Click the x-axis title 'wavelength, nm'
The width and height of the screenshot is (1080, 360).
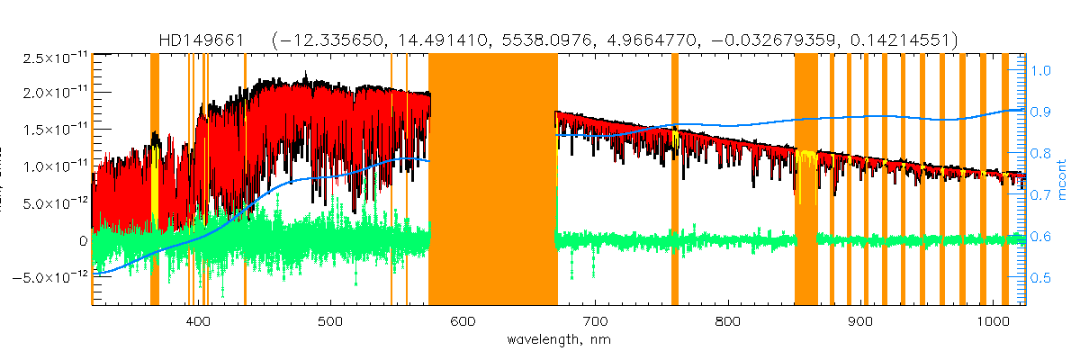(x=558, y=342)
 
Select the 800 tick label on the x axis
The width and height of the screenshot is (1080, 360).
(x=727, y=321)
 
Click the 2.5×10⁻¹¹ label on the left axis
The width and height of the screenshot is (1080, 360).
(x=50, y=58)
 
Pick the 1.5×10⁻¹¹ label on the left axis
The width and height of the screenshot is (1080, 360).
(x=50, y=130)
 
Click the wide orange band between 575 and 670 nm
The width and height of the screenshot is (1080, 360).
(x=492, y=180)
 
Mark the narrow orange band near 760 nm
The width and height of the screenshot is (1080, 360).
(x=675, y=180)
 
